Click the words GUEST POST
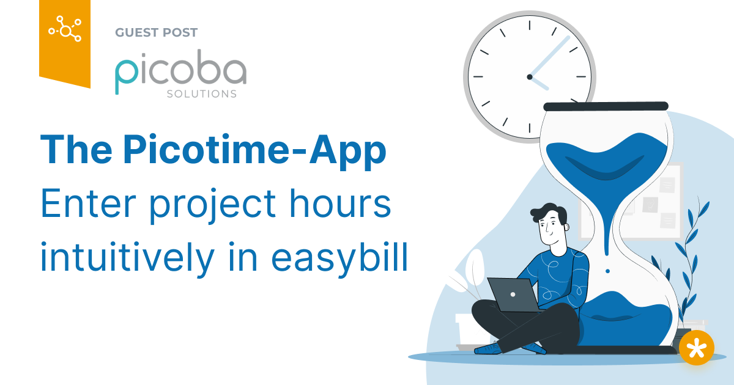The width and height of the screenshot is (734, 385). tap(156, 32)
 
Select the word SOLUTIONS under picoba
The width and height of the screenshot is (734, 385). tap(201, 95)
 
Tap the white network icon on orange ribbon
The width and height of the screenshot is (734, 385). tap(65, 28)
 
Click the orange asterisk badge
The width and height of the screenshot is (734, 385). tap(696, 348)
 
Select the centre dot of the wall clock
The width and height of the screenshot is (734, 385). tap(530, 77)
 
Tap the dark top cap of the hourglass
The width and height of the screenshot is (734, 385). tap(605, 106)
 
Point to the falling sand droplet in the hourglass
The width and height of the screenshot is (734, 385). tap(607, 271)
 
